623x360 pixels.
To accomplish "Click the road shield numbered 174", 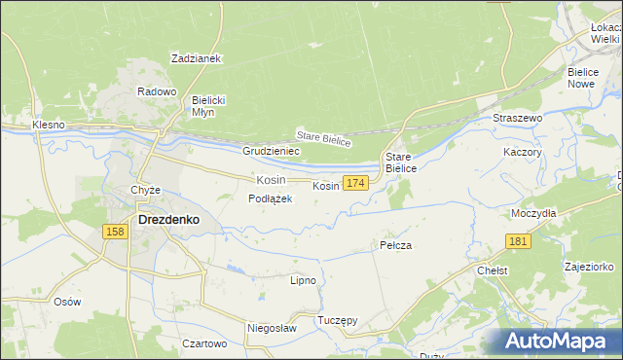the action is pyautogui.click(x=355, y=183).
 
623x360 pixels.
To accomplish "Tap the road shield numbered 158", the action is pyautogui.click(x=115, y=231).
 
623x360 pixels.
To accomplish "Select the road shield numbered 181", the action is pyautogui.click(x=518, y=241).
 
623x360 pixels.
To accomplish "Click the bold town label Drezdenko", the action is pyautogui.click(x=169, y=220).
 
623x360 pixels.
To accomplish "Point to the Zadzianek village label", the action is pyautogui.click(x=197, y=58).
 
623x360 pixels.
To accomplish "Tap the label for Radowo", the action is pyautogui.click(x=157, y=91).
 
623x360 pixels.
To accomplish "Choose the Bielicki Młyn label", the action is pyautogui.click(x=208, y=106).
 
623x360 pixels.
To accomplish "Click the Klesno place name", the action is pyautogui.click(x=48, y=126).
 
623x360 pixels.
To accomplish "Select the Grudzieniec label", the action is pyautogui.click(x=271, y=152).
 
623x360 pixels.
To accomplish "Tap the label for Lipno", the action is pyautogui.click(x=303, y=280).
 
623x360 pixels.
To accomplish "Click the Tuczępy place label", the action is pyautogui.click(x=338, y=320).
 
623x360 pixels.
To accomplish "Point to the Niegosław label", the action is pyautogui.click(x=271, y=329).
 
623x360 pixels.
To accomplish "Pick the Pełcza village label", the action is pyautogui.click(x=395, y=245).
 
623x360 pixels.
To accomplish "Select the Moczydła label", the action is pyautogui.click(x=533, y=212).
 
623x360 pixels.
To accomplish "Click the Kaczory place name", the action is pyautogui.click(x=522, y=153).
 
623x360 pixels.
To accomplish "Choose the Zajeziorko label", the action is pyautogui.click(x=589, y=266).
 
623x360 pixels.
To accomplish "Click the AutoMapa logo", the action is pyautogui.click(x=558, y=342).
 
